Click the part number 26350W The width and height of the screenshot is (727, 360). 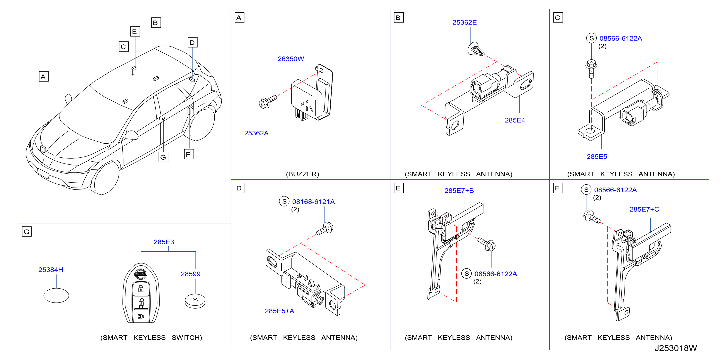coord(291,59)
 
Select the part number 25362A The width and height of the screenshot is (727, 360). coord(256,133)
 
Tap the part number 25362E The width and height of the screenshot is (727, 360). coord(464,22)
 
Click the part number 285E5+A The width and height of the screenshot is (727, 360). coord(279,311)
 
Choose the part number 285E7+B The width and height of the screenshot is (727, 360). coord(459,190)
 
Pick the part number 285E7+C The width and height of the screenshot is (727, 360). coord(644,209)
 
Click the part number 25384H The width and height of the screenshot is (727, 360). coord(50,270)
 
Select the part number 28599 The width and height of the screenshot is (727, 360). coord(191,274)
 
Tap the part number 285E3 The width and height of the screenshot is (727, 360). coord(164,242)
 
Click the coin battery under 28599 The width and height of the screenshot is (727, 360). coord(195,301)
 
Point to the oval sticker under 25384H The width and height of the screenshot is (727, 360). coord(56,295)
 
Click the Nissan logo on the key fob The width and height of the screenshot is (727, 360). coord(141,274)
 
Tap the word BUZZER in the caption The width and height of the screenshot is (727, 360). coord(302,174)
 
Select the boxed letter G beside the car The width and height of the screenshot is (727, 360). coord(163,157)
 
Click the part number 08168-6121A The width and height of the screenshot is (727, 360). coord(313,202)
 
